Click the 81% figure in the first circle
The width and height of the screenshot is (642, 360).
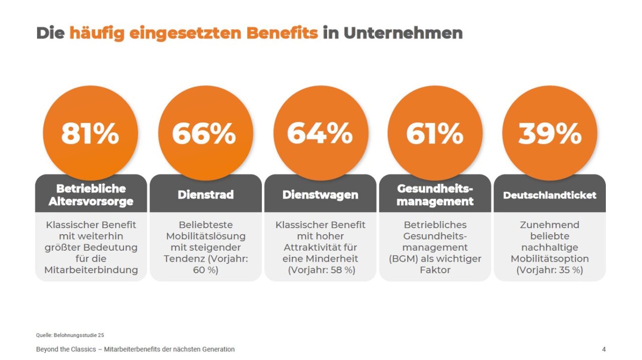pos(90,133)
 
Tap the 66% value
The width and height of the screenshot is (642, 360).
pos(204,133)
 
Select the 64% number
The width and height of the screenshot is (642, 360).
pos(320,133)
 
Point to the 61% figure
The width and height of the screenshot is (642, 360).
pos(435,133)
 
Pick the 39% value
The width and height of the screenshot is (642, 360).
pos(550,133)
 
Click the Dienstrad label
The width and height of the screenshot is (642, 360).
pos(206,195)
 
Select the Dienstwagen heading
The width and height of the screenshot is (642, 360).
pos(320,195)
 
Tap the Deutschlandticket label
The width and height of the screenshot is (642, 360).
pos(550,195)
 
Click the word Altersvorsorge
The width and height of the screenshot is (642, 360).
pos(91,201)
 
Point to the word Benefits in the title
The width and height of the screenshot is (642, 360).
pos(282,33)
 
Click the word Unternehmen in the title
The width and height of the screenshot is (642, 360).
pos(403,33)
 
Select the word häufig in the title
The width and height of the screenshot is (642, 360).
pos(97,34)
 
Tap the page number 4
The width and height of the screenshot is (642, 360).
pos(604,349)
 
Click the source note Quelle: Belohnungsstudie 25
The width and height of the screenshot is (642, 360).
pos(70,335)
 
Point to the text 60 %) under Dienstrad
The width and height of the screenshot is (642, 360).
pos(206,270)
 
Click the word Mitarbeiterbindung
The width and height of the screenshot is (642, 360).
pos(91,270)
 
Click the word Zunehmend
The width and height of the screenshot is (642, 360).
pos(550,225)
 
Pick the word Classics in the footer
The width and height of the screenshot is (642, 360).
pos(83,349)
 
